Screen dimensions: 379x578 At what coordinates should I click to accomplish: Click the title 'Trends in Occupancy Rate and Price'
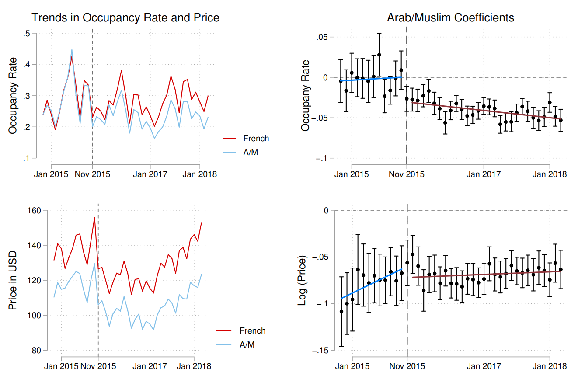click(x=125, y=18)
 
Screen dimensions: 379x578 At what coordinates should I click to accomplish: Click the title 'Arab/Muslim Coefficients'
click(x=450, y=18)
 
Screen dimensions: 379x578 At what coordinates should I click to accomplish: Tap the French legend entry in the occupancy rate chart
click(x=256, y=139)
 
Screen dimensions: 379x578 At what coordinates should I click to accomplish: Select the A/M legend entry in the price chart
click(x=247, y=345)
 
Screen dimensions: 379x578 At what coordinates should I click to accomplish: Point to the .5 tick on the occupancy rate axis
click(x=27, y=34)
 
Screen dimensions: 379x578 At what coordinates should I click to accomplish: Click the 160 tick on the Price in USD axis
click(x=35, y=211)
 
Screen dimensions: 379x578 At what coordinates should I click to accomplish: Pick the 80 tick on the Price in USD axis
click(x=36, y=351)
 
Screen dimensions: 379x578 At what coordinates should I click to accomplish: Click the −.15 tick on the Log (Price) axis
click(x=320, y=351)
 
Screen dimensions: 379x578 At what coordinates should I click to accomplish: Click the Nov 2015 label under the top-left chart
click(x=92, y=174)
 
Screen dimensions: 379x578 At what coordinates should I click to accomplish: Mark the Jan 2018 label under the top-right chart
click(x=550, y=174)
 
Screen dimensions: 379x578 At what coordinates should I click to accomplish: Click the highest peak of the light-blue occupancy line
click(x=72, y=50)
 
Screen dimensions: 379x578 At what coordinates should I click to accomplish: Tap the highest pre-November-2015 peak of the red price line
click(x=94, y=217)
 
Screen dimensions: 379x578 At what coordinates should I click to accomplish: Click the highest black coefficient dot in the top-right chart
click(x=379, y=55)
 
